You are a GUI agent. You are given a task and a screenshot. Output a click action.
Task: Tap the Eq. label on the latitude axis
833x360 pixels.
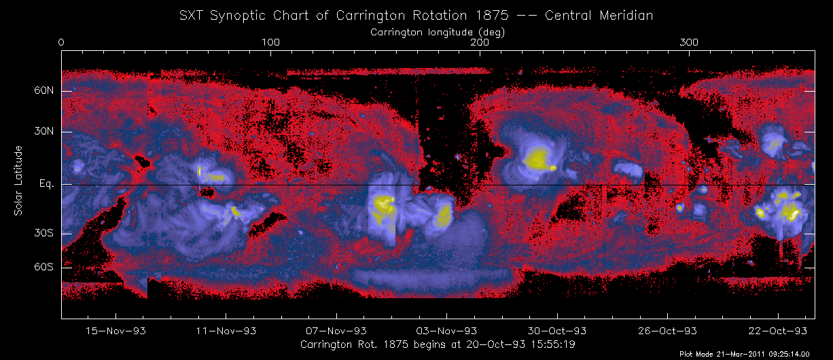(46, 184)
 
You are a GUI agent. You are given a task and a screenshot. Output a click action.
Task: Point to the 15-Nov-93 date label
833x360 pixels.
(116, 331)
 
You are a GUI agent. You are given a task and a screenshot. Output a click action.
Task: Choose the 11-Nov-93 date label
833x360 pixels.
(226, 331)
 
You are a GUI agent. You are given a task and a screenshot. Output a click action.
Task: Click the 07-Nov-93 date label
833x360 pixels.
(336, 331)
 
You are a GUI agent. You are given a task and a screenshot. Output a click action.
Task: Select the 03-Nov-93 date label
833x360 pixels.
(446, 331)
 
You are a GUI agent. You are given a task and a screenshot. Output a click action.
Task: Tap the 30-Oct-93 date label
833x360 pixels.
(557, 331)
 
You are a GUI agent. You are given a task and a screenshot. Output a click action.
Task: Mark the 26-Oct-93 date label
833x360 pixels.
(667, 331)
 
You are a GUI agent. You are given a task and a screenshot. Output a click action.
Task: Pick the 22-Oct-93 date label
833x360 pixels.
(778, 331)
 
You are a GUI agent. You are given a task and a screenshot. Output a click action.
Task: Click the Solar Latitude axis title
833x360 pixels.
(19, 180)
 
